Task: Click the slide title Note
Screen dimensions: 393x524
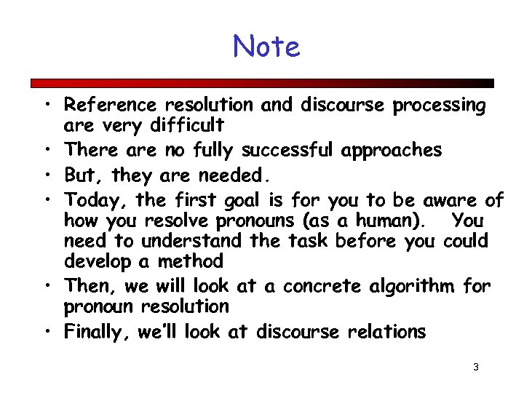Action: click(266, 47)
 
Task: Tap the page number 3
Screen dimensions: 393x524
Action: click(475, 367)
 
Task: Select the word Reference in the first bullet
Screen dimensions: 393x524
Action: click(111, 106)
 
